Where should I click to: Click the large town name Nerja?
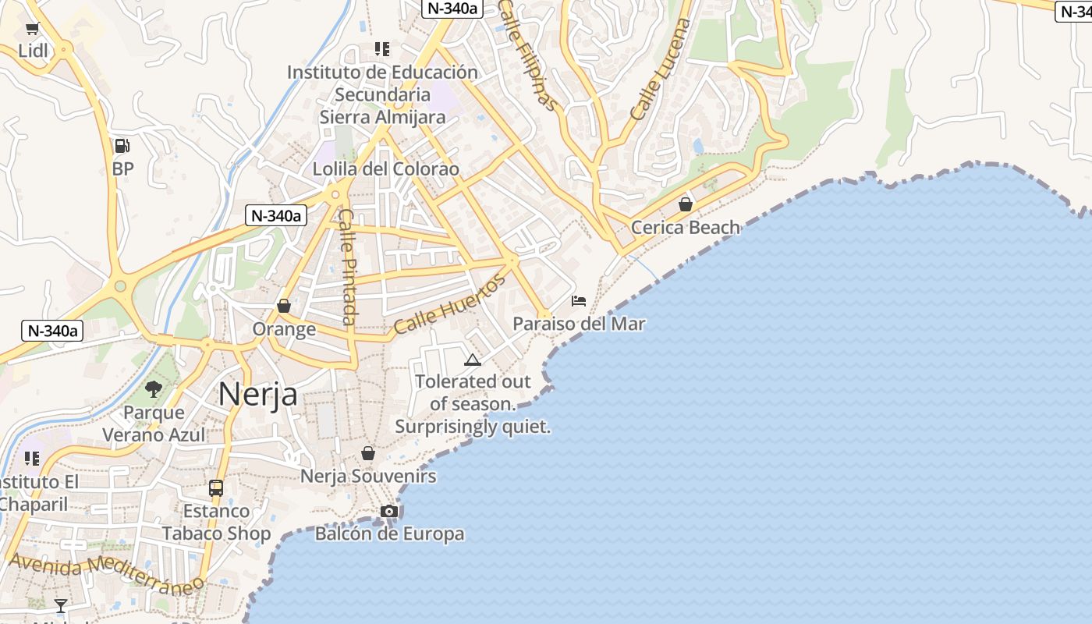(x=257, y=394)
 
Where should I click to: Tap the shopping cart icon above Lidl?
(x=32, y=29)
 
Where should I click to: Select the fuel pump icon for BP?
(x=122, y=146)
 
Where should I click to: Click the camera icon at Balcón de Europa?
(x=388, y=512)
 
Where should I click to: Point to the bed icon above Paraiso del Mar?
(x=578, y=301)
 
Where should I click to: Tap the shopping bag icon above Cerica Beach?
(x=685, y=204)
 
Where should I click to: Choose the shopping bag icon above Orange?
(x=284, y=306)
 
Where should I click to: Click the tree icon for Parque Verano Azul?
(x=154, y=388)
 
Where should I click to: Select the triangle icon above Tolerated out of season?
(x=472, y=360)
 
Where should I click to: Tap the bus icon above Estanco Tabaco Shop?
(x=216, y=488)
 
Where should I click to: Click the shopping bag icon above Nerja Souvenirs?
(x=367, y=453)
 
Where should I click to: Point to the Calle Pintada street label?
(x=348, y=267)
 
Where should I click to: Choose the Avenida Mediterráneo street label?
(x=106, y=573)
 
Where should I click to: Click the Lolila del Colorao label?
(x=385, y=169)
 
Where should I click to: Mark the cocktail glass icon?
(x=60, y=605)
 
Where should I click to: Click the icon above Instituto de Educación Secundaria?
(x=381, y=49)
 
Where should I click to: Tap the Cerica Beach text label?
(x=685, y=228)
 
